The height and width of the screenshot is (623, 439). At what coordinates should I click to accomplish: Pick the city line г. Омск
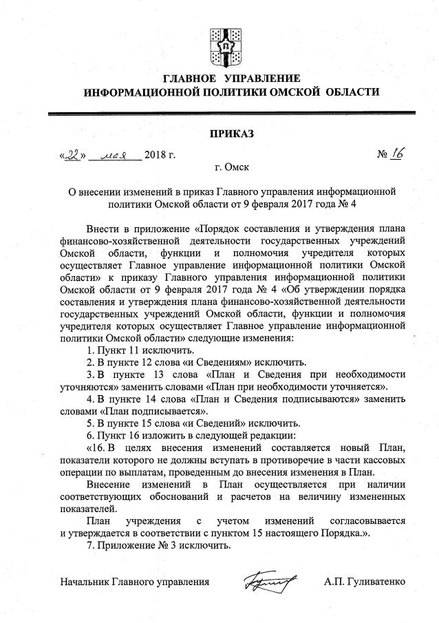pos(231,167)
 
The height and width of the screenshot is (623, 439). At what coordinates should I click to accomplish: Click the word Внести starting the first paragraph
pos(103,228)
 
